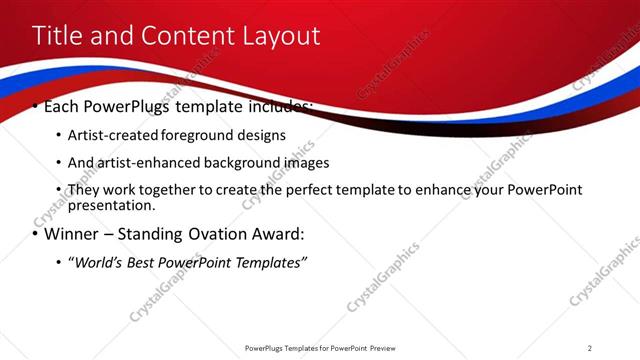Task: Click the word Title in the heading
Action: click(x=58, y=36)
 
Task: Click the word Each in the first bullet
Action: click(x=63, y=106)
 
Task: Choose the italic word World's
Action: click(x=99, y=262)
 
